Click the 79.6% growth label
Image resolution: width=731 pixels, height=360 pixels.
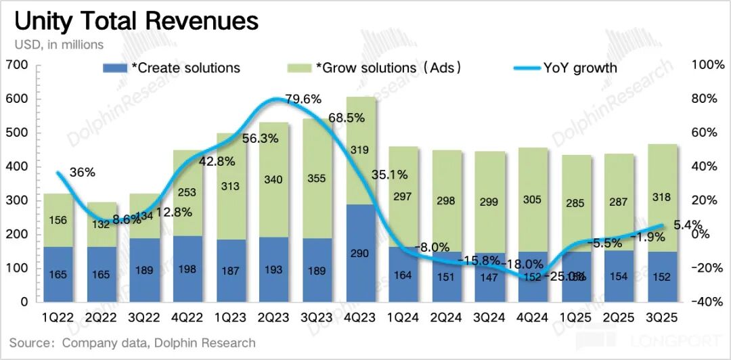303,99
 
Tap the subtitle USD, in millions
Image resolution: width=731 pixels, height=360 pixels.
60,45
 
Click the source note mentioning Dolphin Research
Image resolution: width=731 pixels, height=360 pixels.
133,342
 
